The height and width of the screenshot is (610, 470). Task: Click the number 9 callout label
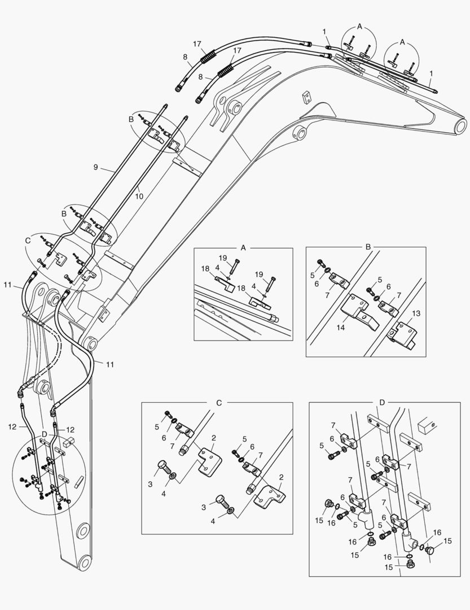pos(96,167)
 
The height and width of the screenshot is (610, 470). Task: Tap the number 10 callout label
pos(139,197)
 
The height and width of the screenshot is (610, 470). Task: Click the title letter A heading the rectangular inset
pos(243,247)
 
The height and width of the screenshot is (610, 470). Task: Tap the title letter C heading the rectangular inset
pos(219,402)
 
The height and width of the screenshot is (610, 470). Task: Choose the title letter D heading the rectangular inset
pos(382,402)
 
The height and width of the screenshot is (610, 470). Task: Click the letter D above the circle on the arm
pos(45,433)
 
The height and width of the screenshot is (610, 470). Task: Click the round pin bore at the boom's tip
pos(459,125)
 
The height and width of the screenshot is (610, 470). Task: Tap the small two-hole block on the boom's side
pos(307,97)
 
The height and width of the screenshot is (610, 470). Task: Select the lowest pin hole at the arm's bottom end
pos(84,563)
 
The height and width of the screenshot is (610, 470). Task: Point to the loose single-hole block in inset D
pos(428,424)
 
